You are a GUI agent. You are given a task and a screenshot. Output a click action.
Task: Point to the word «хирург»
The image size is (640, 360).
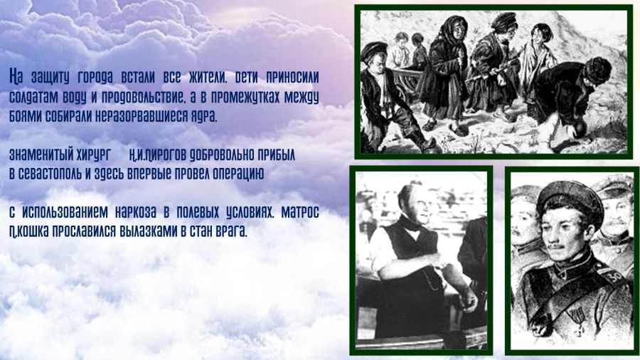[93, 155]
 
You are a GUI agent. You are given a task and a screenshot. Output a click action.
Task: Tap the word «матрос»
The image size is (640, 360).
[300, 213]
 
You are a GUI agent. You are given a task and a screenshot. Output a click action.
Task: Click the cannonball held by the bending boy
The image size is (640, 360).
[579, 129]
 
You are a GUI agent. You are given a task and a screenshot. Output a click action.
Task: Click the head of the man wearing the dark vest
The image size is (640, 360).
[413, 203]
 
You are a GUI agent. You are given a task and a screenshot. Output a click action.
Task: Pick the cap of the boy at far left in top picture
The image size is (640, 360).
[373, 51]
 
